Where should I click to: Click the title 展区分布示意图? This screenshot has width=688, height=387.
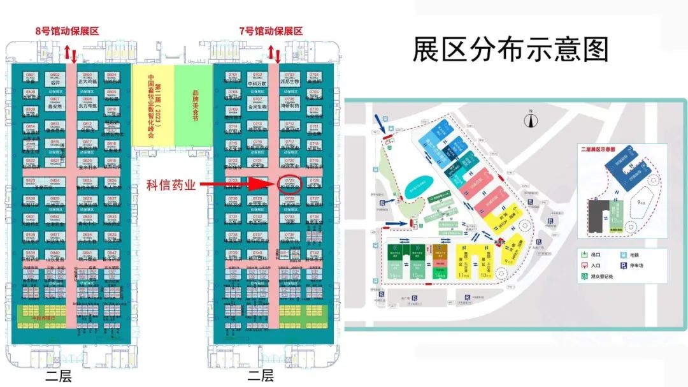pos(510,49)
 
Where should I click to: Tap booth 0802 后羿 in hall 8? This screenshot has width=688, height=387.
pos(55,79)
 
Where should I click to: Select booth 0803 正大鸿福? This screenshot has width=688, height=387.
pos(87,79)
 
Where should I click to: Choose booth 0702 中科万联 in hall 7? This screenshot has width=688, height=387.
pos(257,79)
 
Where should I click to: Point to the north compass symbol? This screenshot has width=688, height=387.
pos(528,117)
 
